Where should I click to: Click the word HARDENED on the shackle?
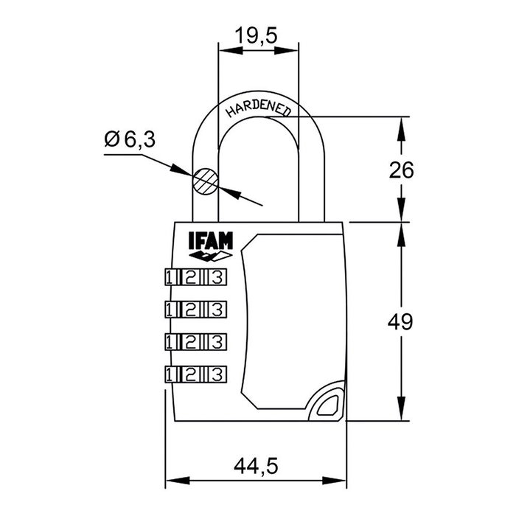tap(259, 105)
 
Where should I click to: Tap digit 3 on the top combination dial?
tap(215, 278)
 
